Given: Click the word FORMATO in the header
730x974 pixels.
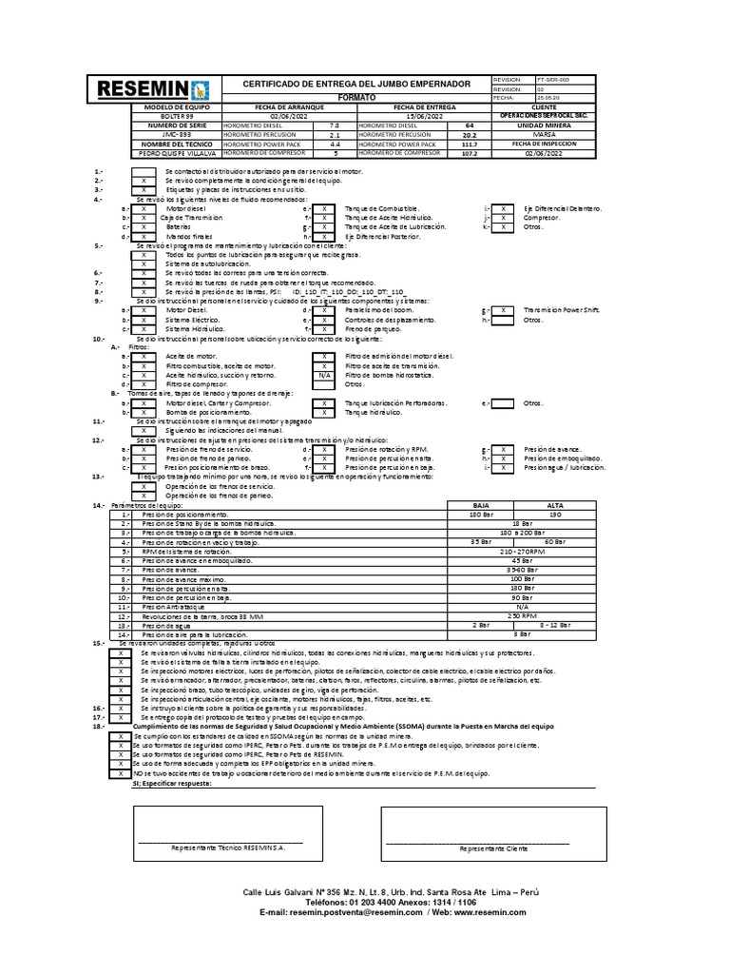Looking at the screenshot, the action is coord(357,98).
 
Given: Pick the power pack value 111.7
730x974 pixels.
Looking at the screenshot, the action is coord(468,144).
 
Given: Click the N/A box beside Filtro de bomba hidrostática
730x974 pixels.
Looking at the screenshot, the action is coord(324,376).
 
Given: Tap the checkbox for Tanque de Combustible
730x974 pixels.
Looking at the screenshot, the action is coord(324,208).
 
